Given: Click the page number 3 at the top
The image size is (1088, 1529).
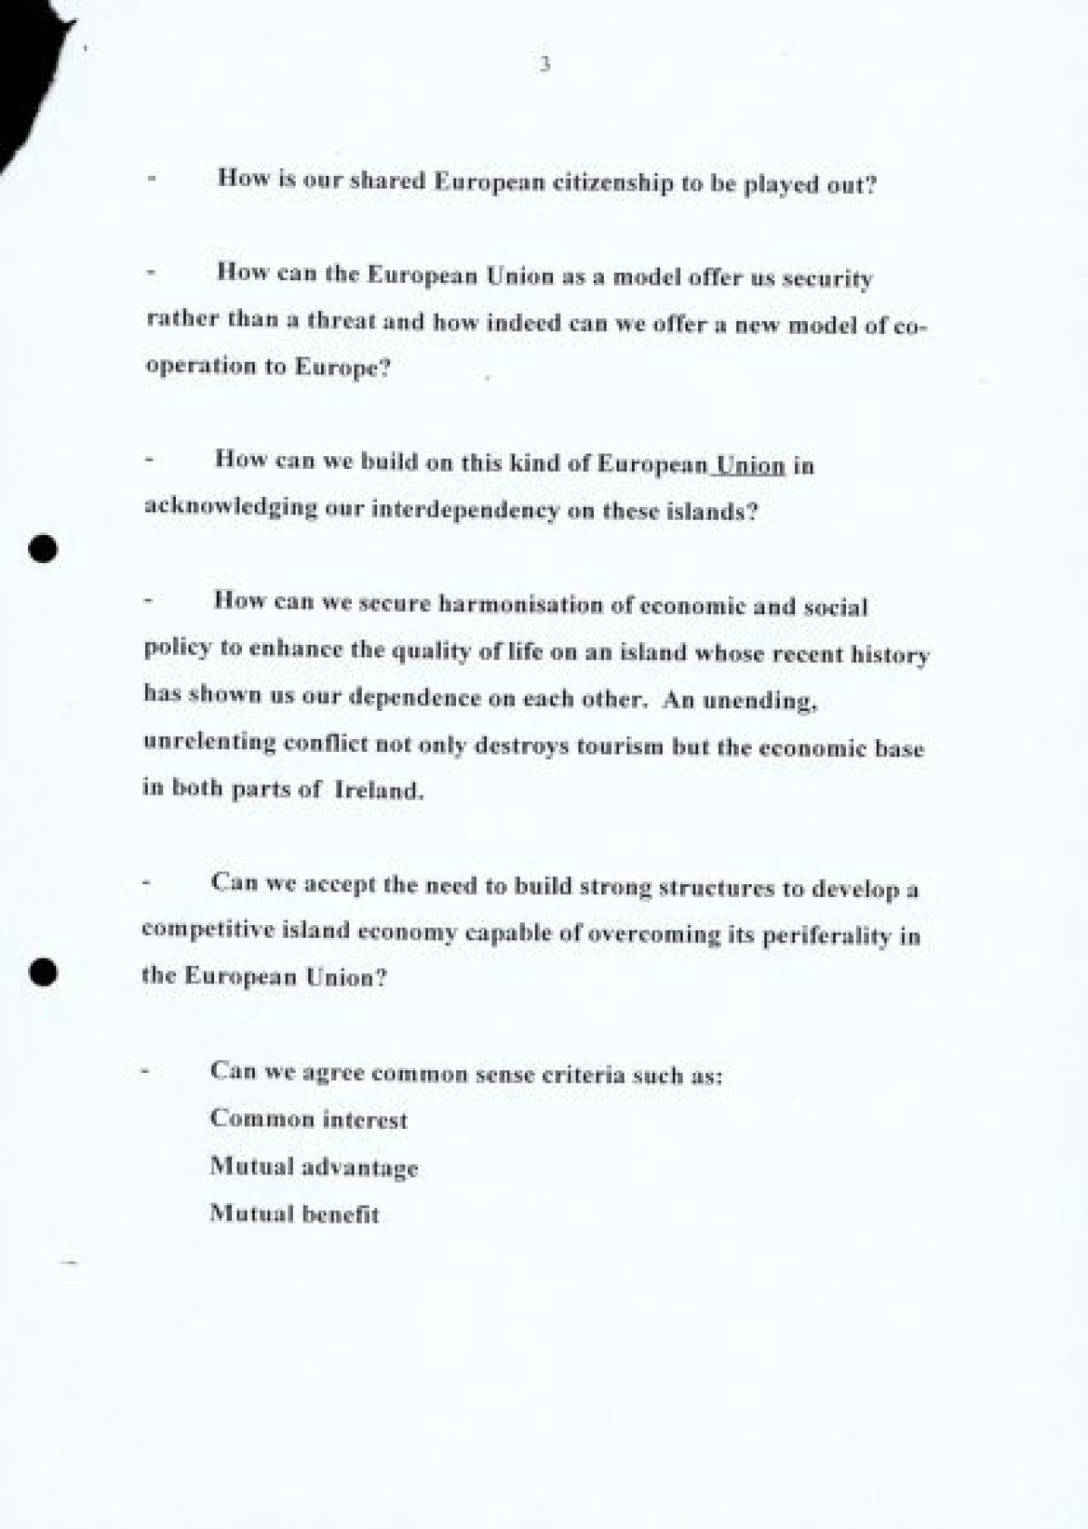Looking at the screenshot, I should tap(544, 64).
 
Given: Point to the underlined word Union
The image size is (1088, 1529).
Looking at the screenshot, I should tap(750, 465).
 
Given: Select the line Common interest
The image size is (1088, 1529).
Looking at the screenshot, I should tap(308, 1120).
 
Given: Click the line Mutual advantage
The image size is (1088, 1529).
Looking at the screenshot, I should tap(314, 1167).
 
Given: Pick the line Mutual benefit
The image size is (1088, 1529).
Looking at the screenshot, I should tap(295, 1213).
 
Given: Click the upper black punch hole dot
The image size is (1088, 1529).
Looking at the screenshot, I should tap(43, 549).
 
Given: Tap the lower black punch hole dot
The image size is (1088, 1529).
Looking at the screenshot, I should tap(43, 971).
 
